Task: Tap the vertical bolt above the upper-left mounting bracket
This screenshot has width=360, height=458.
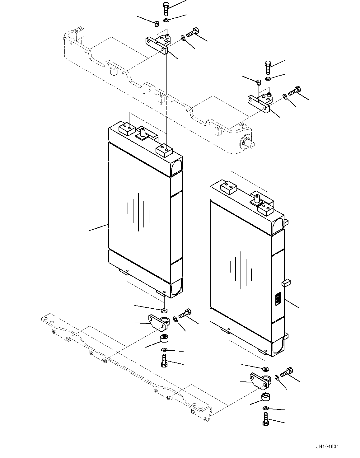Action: [x=166, y=8]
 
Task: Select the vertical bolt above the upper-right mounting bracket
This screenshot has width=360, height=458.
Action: [x=267, y=67]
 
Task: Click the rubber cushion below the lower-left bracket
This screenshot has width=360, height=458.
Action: [x=164, y=338]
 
